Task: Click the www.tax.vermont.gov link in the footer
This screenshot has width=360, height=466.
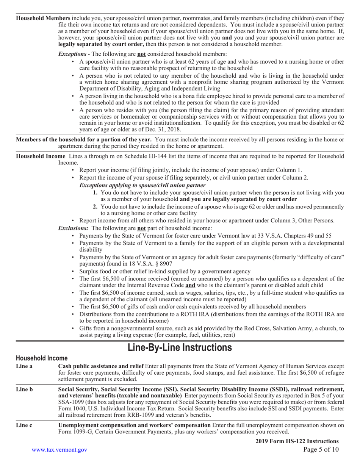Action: [x=59, y=450]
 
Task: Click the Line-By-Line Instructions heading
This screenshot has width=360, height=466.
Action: [x=180, y=347]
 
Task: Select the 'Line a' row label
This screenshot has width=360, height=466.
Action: [x=24, y=366]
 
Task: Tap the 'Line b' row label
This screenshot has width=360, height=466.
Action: [x=24, y=389]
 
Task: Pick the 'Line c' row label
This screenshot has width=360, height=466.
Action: [x=24, y=425]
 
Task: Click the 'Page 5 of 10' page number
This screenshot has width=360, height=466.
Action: [x=321, y=450]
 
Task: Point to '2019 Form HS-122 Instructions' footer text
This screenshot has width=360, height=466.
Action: [x=297, y=441]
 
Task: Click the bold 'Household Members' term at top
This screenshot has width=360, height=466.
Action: [x=43, y=18]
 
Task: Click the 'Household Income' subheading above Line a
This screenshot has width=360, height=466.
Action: [x=42, y=358]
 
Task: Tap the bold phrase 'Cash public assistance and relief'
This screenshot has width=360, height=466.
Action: [x=101, y=366]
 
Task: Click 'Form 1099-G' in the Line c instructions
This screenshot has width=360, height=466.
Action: [x=74, y=432]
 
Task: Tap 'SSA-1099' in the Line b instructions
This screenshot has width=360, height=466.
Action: [x=71, y=402]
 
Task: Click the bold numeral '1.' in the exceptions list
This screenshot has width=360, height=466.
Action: [x=95, y=192]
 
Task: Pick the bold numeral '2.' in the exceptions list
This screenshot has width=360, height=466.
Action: [x=95, y=206]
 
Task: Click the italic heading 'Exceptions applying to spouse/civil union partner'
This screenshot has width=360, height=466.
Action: [x=142, y=185]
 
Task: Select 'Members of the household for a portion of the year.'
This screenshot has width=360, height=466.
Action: [x=83, y=139]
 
